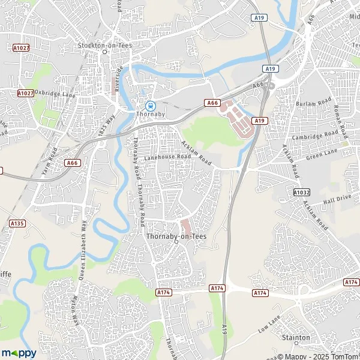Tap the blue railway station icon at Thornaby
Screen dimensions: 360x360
pyautogui.click(x=144, y=104)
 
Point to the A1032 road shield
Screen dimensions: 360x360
pyautogui.click(x=302, y=191)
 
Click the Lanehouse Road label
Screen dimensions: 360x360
pyautogui.click(x=167, y=157)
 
